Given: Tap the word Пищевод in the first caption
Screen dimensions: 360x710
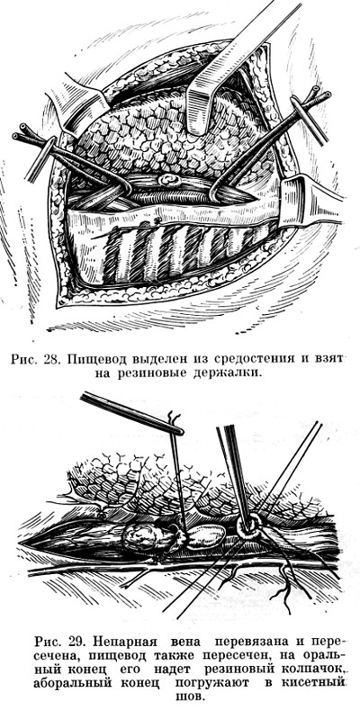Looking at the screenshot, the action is click(x=95, y=361).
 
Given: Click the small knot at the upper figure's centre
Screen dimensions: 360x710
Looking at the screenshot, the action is click(x=168, y=180).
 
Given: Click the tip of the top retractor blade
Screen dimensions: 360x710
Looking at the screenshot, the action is click(x=200, y=127).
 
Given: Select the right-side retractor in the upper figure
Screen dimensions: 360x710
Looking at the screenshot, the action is click(x=307, y=201).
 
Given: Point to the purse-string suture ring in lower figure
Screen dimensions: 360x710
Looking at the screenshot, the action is click(x=249, y=527).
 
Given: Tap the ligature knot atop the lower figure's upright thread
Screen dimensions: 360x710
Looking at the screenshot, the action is click(x=174, y=418).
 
